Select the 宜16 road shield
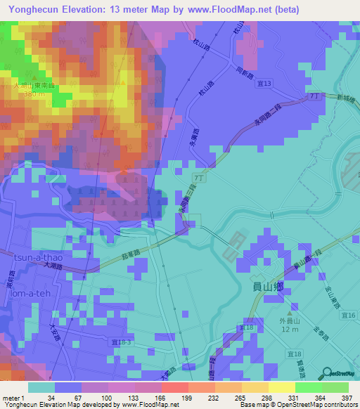[351, 316]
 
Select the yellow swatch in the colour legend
[281, 387]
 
